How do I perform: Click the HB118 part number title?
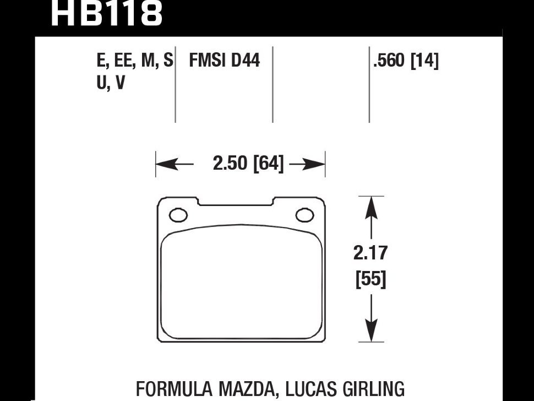tap(107, 13)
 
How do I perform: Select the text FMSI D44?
tap(225, 60)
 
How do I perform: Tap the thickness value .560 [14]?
tap(406, 61)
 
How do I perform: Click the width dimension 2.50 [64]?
tap(248, 163)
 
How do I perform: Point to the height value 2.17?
tap(370, 253)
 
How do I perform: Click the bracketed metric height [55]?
tap(371, 279)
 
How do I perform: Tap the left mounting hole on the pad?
tap(178, 215)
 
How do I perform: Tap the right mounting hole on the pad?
tap(305, 215)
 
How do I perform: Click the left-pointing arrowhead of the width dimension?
tap(167, 164)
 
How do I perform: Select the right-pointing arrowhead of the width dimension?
tap(314, 164)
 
